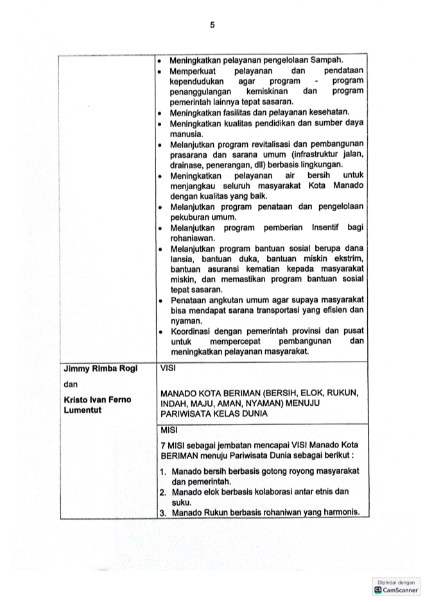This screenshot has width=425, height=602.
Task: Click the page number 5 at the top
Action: click(212, 26)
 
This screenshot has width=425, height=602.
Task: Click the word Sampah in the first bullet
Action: click(327, 60)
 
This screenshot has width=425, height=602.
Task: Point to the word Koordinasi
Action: click(193, 331)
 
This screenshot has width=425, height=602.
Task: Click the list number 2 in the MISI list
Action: click(164, 492)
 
